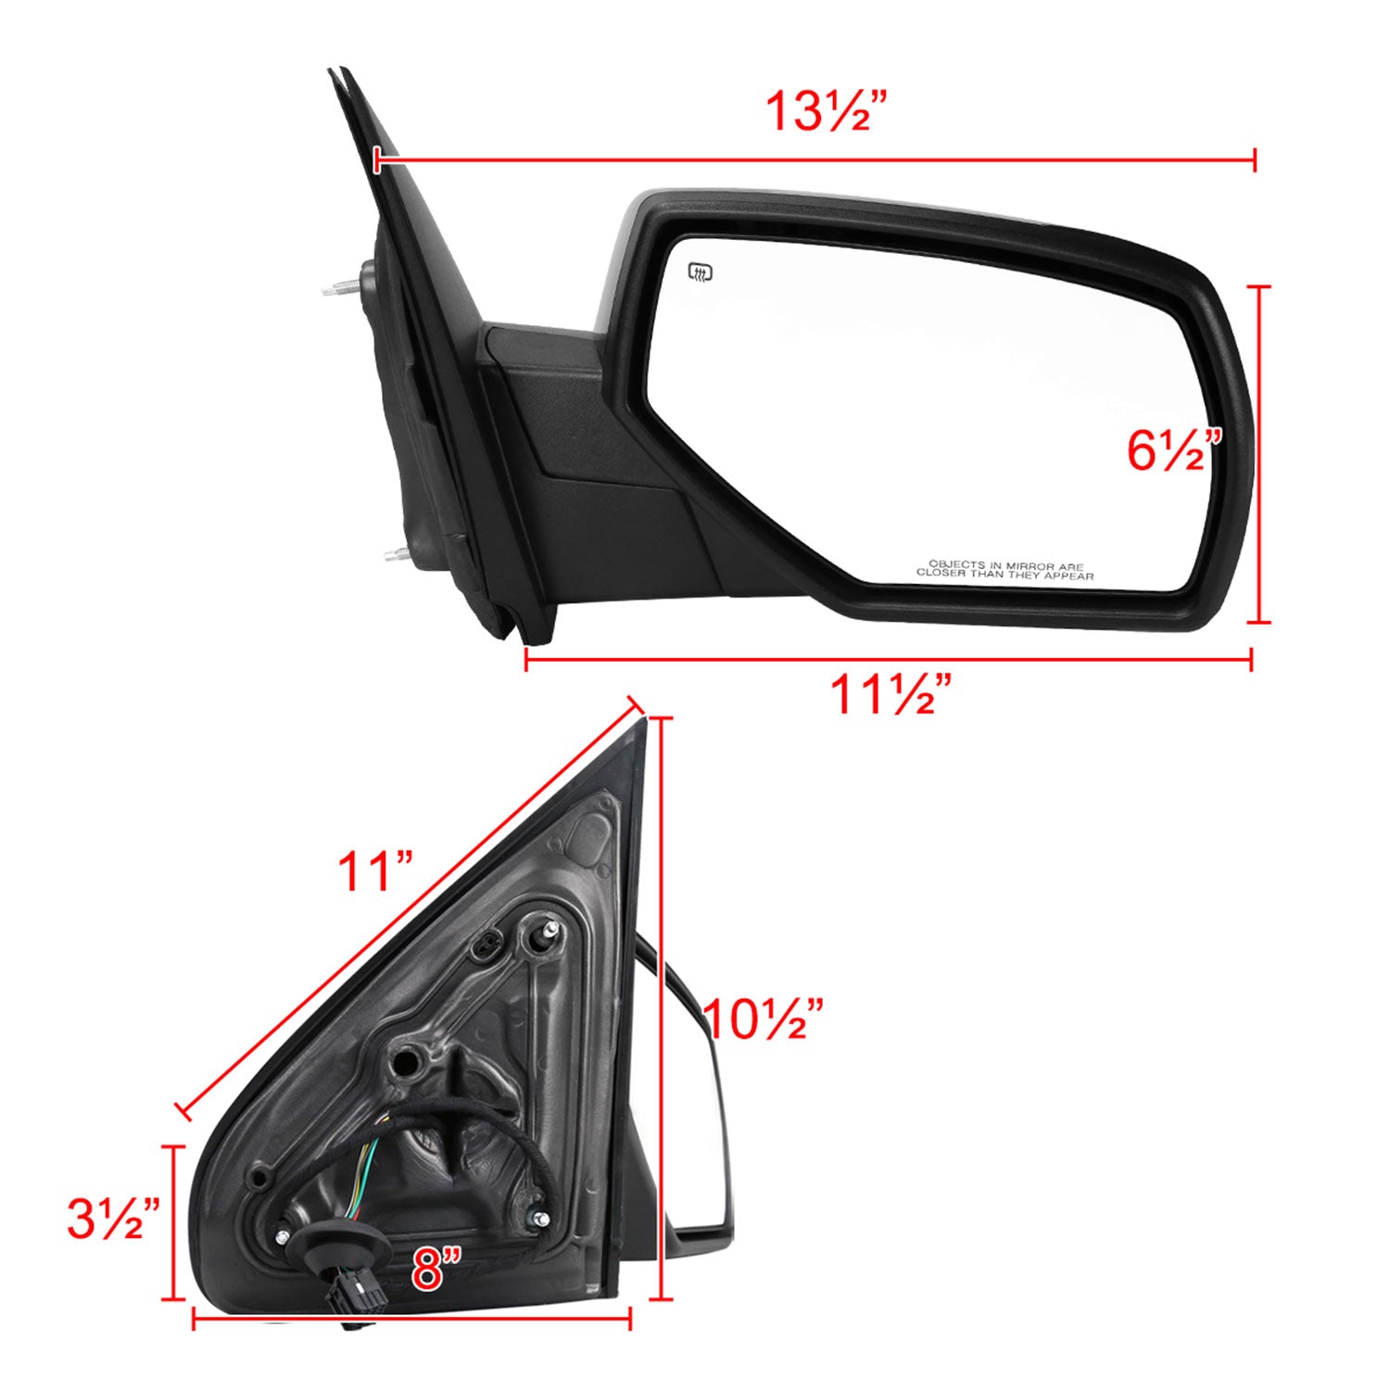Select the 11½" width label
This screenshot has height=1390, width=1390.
pos(891,695)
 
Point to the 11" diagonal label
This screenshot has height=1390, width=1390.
pos(374,872)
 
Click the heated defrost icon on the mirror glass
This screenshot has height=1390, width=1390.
pos(700,272)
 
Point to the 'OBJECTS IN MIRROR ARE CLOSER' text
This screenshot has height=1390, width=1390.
pos(1005,570)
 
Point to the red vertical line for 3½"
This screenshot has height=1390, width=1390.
pos(173,1223)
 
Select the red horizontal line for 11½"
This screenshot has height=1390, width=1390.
pos(890,660)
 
